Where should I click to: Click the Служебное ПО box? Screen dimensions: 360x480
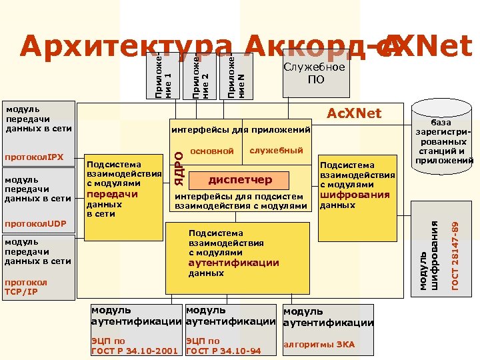(315, 73)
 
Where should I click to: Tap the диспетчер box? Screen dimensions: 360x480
(241, 179)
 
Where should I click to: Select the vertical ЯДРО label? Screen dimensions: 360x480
(178, 167)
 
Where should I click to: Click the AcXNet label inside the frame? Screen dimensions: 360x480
(353, 113)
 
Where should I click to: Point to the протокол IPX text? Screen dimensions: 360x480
(34, 158)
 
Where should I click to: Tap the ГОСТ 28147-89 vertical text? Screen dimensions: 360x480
(455, 255)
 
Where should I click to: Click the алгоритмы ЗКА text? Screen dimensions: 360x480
(319, 344)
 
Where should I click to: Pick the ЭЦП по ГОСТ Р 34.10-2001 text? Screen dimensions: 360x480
(134, 345)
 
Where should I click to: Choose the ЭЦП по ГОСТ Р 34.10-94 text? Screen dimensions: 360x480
(223, 345)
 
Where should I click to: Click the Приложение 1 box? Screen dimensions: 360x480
(163, 75)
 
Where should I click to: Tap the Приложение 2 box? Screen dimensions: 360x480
(200, 75)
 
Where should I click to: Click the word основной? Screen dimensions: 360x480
(212, 151)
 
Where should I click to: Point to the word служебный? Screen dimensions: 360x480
(276, 151)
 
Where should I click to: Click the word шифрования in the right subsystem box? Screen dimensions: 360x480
(355, 195)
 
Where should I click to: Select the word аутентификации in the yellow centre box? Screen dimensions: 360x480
(233, 263)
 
